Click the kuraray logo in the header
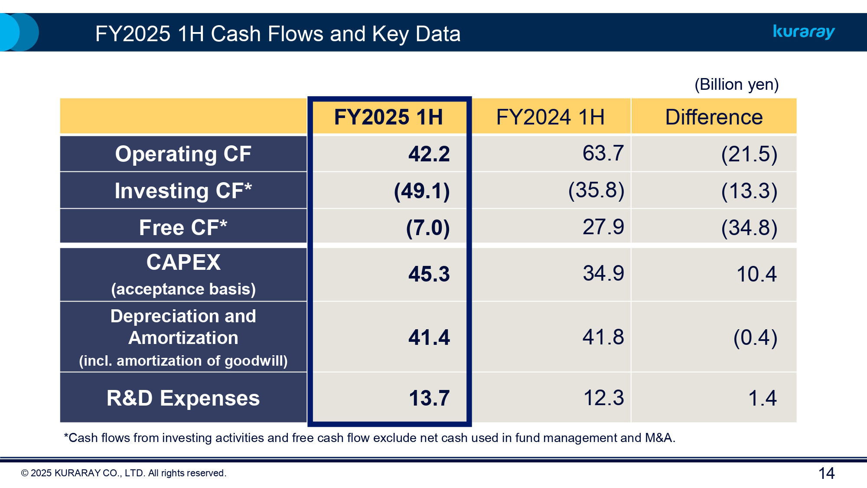tap(804, 32)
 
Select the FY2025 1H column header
tap(388, 117)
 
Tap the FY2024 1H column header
tap(550, 117)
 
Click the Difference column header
tap(714, 117)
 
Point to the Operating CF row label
tap(183, 154)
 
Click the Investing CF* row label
tap(183, 191)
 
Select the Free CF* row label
tap(183, 227)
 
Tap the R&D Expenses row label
tap(183, 398)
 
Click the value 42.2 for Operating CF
tap(429, 154)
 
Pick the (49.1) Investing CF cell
tap(422, 191)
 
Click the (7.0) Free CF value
tap(427, 228)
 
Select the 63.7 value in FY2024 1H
tap(603, 153)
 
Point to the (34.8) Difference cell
tap(749, 228)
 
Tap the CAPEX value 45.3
tap(429, 274)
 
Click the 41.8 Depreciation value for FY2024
tap(603, 337)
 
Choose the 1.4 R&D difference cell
tap(762, 398)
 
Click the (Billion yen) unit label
tap(736, 85)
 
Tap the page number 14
tap(826, 473)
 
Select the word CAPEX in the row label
tap(183, 262)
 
